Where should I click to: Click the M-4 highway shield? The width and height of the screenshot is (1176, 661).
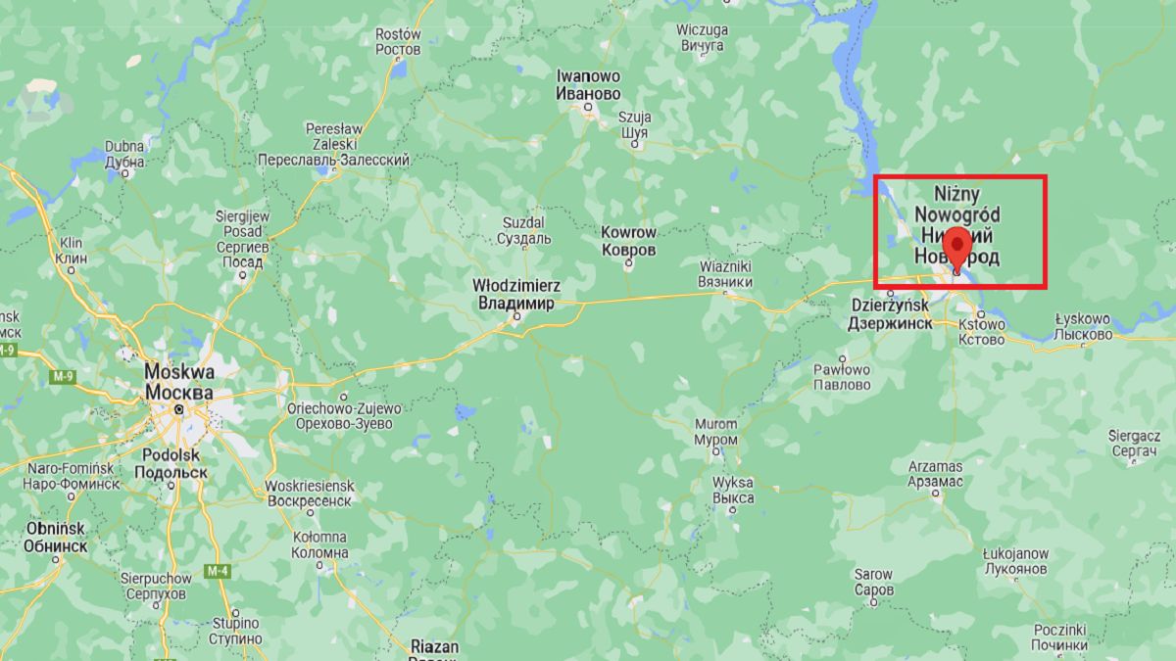coord(217,571)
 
